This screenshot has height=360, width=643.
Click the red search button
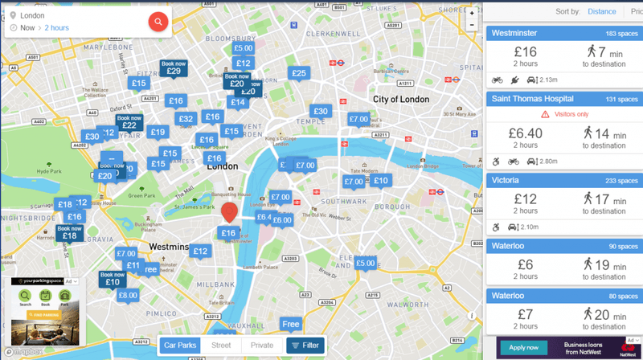[x=158, y=22]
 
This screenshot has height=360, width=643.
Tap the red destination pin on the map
[x=229, y=211]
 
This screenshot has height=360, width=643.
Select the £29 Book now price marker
[x=174, y=69]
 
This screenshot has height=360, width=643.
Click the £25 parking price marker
[x=299, y=73]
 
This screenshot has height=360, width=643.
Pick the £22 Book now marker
[x=129, y=123]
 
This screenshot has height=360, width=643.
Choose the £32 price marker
[x=186, y=119]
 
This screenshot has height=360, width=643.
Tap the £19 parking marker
[x=158, y=133]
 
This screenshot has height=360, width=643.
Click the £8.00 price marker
[x=128, y=295]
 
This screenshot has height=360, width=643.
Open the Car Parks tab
[x=179, y=346]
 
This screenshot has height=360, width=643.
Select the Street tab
[x=220, y=346]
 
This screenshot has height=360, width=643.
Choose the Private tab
[x=261, y=346]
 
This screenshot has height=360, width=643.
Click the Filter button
[x=305, y=346]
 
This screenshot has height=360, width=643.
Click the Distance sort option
[x=601, y=12]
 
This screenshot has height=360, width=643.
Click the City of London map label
[x=403, y=99]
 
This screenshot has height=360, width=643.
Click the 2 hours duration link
[x=56, y=28]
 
